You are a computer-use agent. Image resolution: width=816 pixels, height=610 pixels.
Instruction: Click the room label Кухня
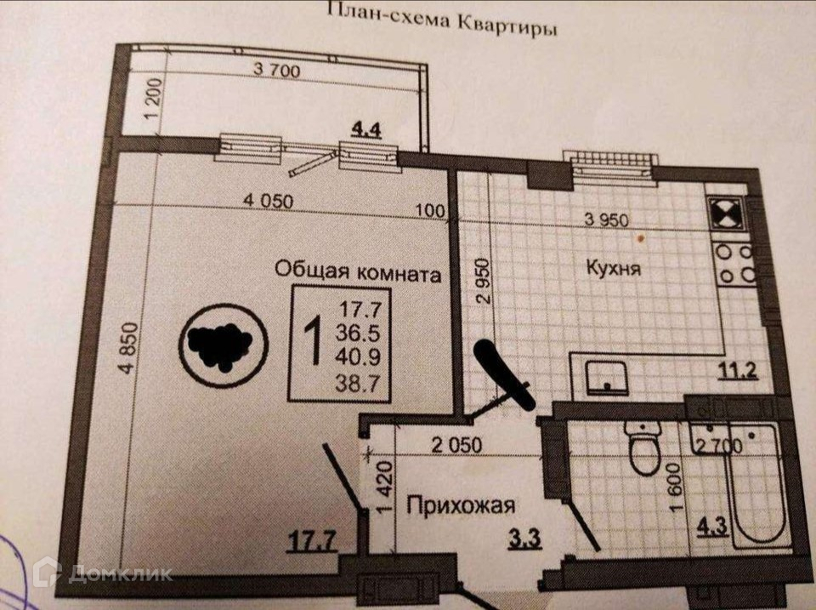pos(613,268)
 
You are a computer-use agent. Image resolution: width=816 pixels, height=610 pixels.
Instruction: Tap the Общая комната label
pos(358,272)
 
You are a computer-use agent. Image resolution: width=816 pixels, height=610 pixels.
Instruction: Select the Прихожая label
pos(461,507)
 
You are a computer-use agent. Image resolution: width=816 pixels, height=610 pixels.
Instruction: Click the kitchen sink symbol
pos(607,376)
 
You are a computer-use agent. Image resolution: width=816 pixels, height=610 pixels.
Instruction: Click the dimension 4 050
pos(268,201)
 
